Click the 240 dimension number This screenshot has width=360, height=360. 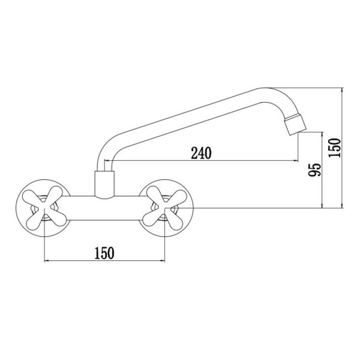[x=201, y=153]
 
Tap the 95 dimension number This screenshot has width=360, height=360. [x=314, y=170]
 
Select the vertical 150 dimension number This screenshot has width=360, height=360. [x=334, y=148]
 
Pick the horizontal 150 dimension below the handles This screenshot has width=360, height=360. [x=104, y=253]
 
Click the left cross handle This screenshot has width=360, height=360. [x=44, y=208]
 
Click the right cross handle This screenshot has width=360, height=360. [x=164, y=208]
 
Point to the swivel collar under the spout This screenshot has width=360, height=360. [x=104, y=184]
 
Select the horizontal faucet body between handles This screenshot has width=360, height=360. [x=104, y=208]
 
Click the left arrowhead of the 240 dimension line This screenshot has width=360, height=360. [x=107, y=160]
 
